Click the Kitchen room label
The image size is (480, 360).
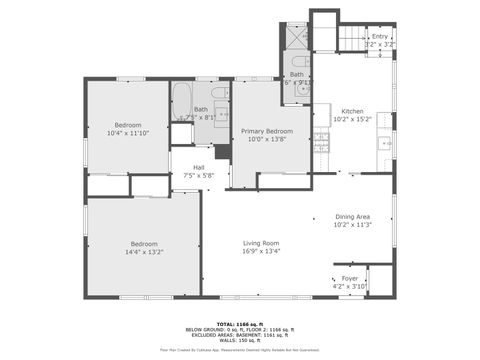click(353, 111)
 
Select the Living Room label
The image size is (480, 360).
click(262, 243)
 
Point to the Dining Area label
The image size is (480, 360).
click(353, 217)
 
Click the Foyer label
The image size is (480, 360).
click(350, 278)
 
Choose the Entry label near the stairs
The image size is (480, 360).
click(380, 37)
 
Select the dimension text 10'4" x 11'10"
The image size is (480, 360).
click(127, 132)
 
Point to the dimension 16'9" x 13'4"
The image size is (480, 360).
click(262, 251)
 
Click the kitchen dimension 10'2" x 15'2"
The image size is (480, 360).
click(353, 119)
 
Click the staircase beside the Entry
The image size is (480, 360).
click(350, 39)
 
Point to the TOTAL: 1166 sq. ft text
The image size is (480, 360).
click(238, 323)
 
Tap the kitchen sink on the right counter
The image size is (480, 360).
click(385, 144)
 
